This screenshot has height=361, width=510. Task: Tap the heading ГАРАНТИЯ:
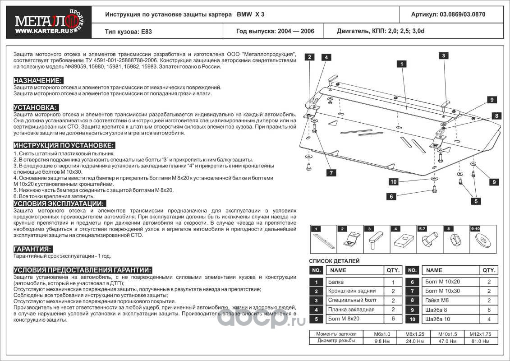click(x=33, y=249)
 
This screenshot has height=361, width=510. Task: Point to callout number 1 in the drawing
click(x=400, y=64)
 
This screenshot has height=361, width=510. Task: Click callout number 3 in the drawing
click(x=444, y=56)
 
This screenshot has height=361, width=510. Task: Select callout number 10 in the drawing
click(x=393, y=182)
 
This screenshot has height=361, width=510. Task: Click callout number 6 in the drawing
click(x=391, y=196)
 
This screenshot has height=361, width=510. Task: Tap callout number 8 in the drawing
click(x=496, y=116)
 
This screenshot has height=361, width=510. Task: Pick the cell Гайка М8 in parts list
click(x=436, y=301)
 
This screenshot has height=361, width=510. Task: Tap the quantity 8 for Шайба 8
click(x=489, y=310)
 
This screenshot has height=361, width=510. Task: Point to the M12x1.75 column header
click(x=480, y=334)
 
